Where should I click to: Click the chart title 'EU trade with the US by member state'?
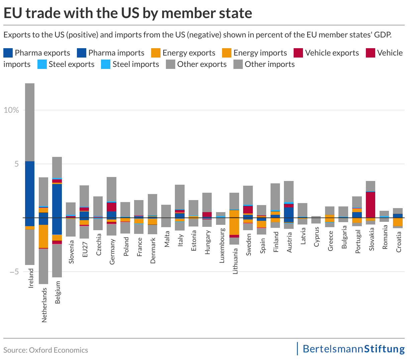[x=127, y=13]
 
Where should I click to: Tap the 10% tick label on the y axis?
[x=11, y=110]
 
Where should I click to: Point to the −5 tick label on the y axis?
[x=11, y=271]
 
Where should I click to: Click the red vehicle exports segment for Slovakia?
[x=370, y=204]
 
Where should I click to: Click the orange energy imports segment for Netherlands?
[x=43, y=236]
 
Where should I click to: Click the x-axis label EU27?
[x=85, y=249]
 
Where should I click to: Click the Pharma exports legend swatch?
[x=8, y=53]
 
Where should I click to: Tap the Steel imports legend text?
[x=135, y=64]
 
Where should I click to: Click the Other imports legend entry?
[x=270, y=64]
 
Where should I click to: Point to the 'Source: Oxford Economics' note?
[x=46, y=350]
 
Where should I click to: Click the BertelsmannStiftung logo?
[x=353, y=349]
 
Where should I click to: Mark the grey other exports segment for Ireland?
[x=30, y=122]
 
